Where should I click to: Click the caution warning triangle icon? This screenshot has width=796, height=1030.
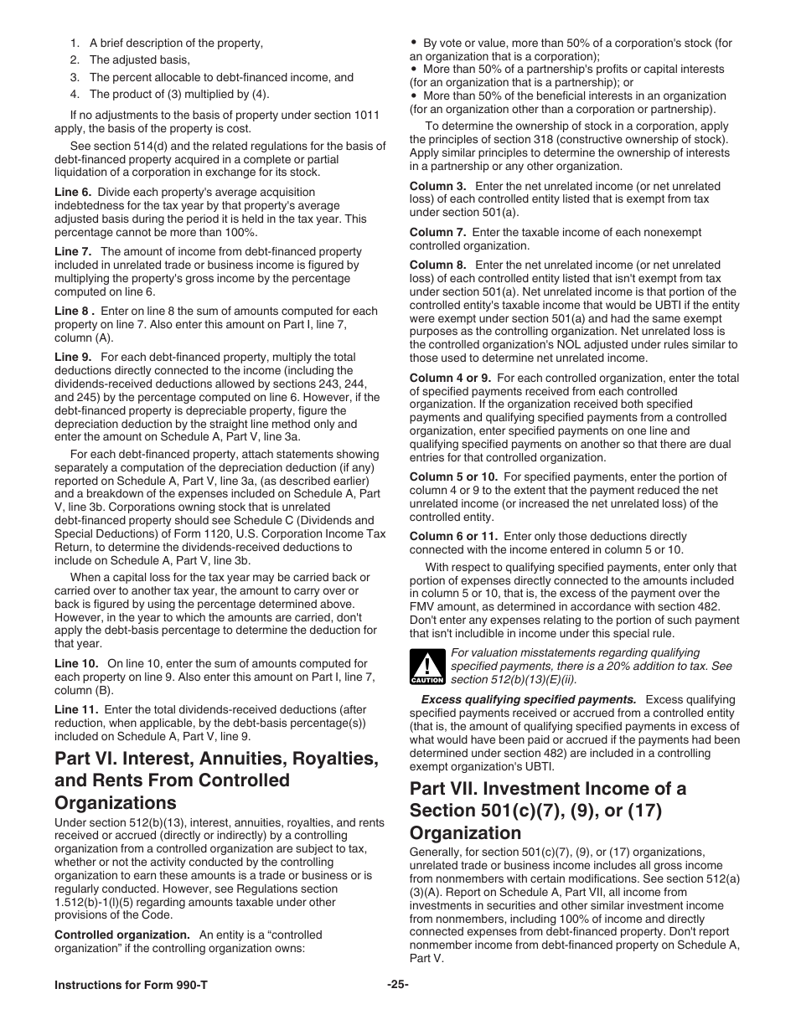coord(426,667)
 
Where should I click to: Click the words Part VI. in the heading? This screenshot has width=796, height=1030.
coord(85,758)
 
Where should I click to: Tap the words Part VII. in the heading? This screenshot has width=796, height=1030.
coord(445,788)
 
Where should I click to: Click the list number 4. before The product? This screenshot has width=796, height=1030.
coord(75,94)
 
